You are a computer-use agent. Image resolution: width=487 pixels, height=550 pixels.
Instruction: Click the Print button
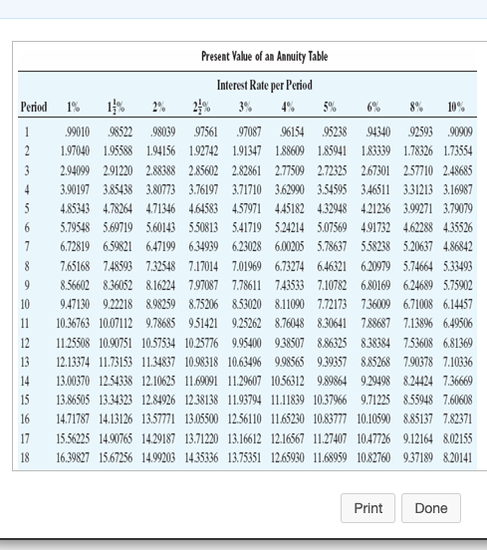click(x=367, y=508)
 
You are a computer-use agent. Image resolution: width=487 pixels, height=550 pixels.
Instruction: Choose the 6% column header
click(x=374, y=107)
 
